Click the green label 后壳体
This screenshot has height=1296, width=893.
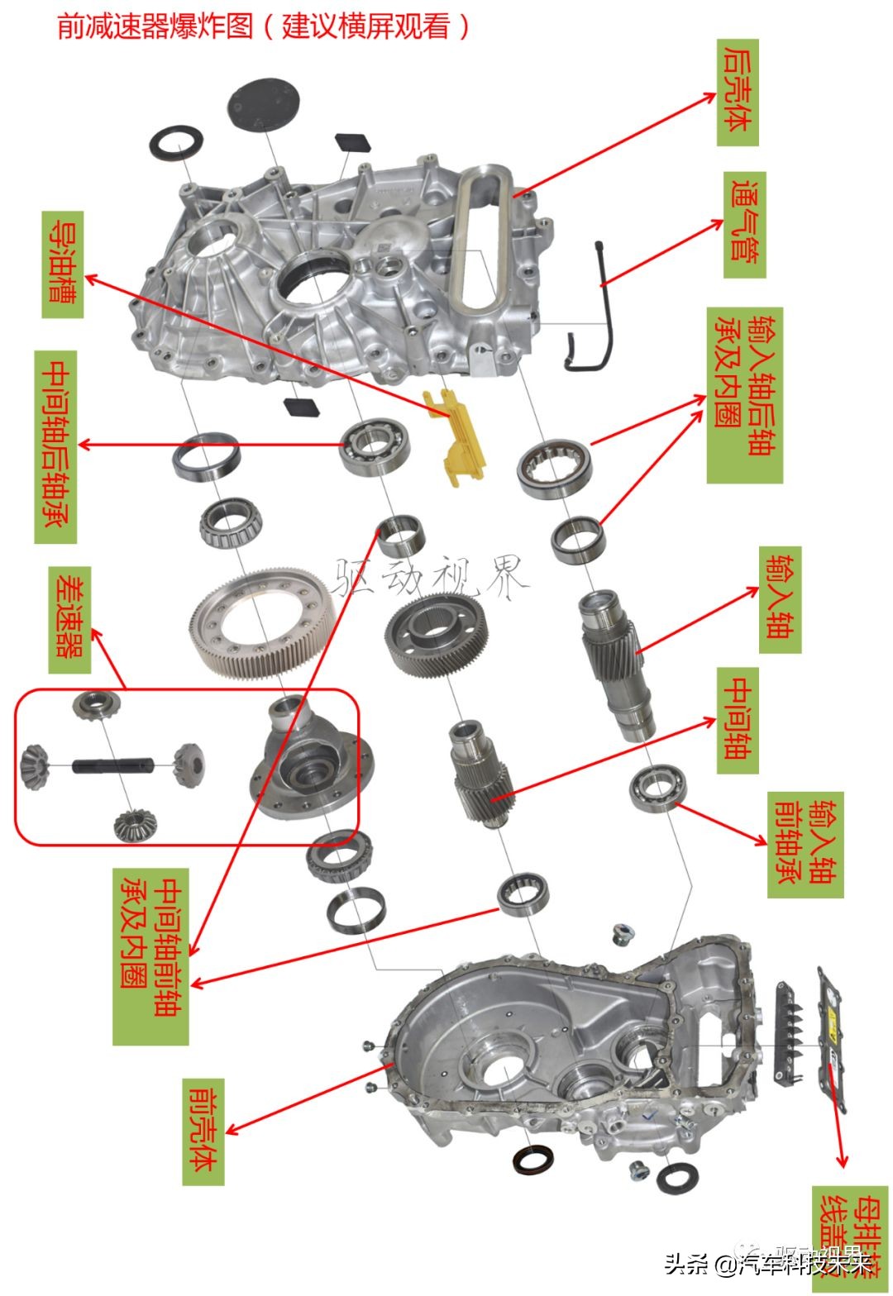[738, 92]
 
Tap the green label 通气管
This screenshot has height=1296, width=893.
[744, 225]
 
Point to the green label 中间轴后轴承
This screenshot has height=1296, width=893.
[55, 446]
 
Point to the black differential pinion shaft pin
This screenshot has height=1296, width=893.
[112, 766]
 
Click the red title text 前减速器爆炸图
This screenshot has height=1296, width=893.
[155, 26]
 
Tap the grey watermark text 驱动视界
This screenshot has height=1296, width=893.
[430, 576]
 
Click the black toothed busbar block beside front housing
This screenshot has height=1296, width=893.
[788, 1034]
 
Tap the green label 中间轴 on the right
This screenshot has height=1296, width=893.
[738, 718]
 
